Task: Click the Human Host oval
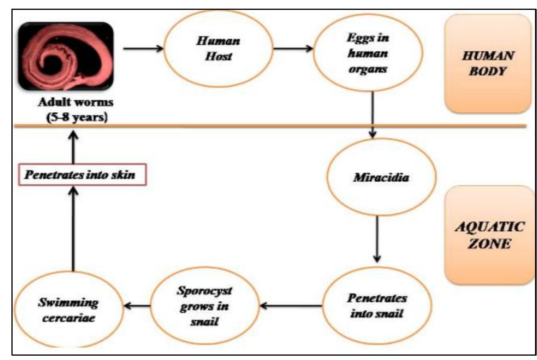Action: pyautogui.click(x=219, y=49)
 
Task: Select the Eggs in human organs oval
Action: pyautogui.click(x=367, y=53)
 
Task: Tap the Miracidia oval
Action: pyautogui.click(x=381, y=177)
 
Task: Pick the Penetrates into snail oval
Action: pyautogui.click(x=377, y=306)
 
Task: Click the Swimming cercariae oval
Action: pyautogui.click(x=68, y=310)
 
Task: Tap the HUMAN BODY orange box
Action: pyautogui.click(x=488, y=63)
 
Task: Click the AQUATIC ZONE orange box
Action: pyautogui.click(x=490, y=235)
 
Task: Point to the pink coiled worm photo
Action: pyautogui.click(x=66, y=56)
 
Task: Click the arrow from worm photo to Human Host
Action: pyautogui.click(x=143, y=48)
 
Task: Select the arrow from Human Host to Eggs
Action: pyautogui.click(x=293, y=49)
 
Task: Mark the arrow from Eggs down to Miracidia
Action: pyautogui.click(x=372, y=114)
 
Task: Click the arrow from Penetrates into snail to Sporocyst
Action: pyautogui.click(x=291, y=305)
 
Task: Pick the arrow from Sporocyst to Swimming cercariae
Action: pyautogui.click(x=137, y=305)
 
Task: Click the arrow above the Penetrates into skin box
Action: pyautogui.click(x=73, y=147)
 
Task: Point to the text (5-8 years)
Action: pyautogui.click(x=77, y=118)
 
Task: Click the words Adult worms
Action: pyautogui.click(x=76, y=102)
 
